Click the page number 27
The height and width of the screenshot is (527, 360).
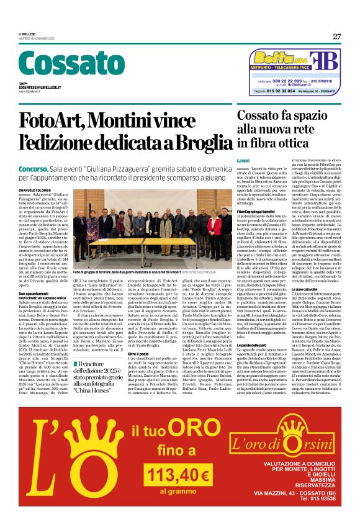point(336,36)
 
